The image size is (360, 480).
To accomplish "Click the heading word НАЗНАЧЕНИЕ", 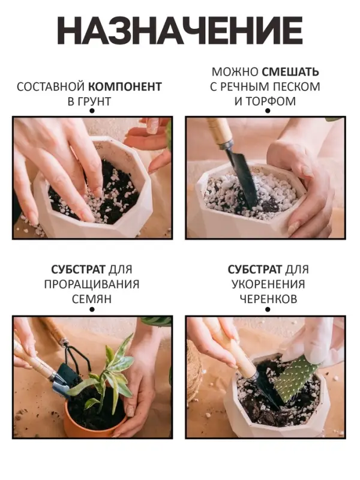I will point(179,30).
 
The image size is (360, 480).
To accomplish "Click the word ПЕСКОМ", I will point(293,86).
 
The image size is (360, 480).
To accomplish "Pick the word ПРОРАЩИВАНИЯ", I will point(92,284).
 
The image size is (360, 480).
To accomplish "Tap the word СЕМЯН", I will point(92,298).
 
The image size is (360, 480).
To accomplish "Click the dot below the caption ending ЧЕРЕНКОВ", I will point(265,310).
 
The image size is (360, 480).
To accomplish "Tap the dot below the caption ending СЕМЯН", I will point(92,310).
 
